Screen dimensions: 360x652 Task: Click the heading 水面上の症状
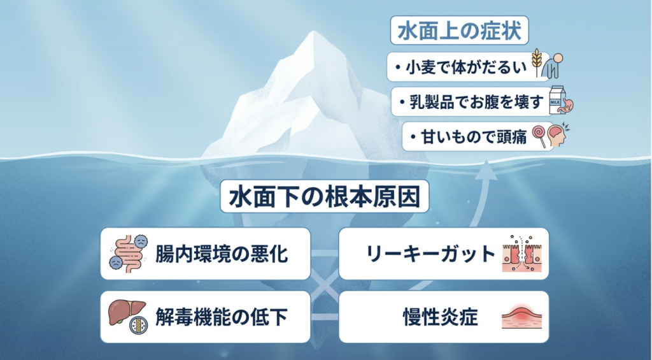point(459,32)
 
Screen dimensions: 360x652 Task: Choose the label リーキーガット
point(431,254)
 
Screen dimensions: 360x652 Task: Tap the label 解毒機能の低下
point(222,317)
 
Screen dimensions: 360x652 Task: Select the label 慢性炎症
point(440,317)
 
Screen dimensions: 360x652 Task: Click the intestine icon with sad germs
point(131,253)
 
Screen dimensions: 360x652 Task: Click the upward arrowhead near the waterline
point(487,167)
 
